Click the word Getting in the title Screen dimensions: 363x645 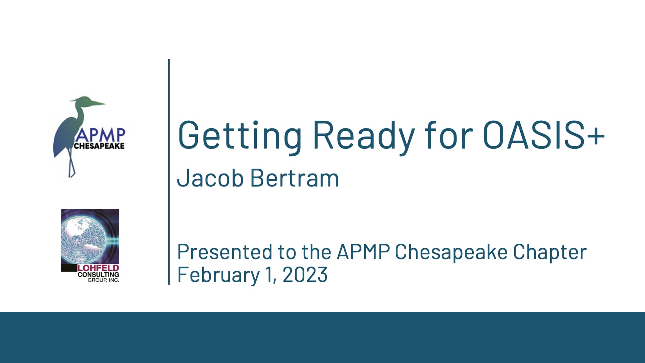(x=239, y=135)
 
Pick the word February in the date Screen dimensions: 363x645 (x=218, y=275)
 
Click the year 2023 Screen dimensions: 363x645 (x=305, y=275)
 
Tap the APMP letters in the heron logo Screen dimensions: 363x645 (x=100, y=135)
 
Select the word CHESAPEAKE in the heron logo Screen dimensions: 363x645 (x=99, y=146)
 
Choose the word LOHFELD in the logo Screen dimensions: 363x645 (x=98, y=268)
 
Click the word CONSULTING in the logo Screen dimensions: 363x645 (x=98, y=274)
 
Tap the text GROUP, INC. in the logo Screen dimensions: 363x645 (x=103, y=280)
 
